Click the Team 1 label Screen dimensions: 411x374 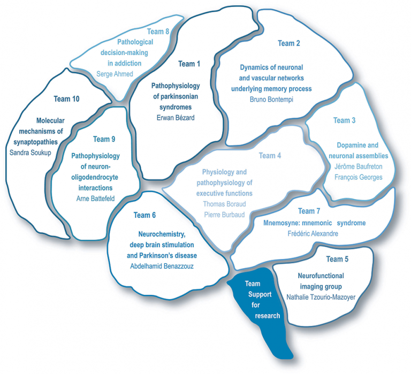point(189,64)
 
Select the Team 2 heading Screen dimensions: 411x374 point(289,43)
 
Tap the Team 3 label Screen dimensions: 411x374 point(344,120)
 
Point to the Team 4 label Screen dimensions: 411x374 point(270,156)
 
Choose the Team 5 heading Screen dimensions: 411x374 point(337,259)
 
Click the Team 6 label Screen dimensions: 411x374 point(144,215)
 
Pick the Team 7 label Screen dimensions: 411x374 point(309,211)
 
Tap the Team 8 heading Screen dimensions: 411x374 point(158,32)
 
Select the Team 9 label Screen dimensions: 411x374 point(104,139)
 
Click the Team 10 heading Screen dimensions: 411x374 point(66,99)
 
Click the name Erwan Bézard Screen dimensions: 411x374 point(176,118)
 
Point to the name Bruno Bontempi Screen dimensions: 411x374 point(271,100)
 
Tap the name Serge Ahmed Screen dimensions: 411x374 point(115,74)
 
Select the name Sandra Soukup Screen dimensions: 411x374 point(30,152)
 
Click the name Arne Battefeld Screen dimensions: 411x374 point(95,199)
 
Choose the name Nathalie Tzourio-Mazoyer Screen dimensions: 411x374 point(321,297)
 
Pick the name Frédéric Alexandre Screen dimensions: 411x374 point(313,233)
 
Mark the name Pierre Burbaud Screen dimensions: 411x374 point(224,215)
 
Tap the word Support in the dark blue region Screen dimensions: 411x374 point(260,295)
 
